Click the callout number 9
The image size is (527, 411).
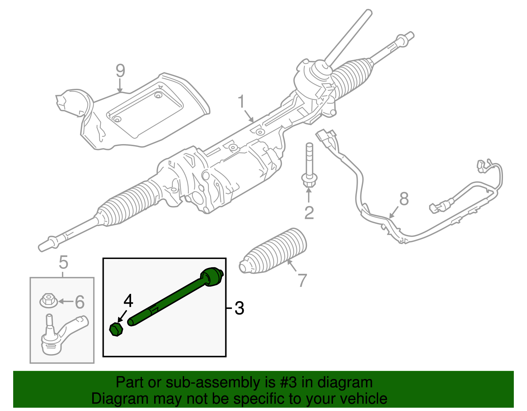point(121,71)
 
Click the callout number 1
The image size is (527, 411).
point(241,102)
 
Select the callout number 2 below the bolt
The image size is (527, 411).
point(309,213)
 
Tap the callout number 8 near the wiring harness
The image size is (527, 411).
point(404,199)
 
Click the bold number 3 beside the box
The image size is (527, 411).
point(239,308)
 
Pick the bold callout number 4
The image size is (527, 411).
point(128,300)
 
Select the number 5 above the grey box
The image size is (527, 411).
point(63,262)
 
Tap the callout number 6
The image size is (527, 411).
point(80,302)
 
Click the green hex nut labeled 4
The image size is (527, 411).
point(116,329)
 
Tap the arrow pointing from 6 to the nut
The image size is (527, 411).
point(66,301)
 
